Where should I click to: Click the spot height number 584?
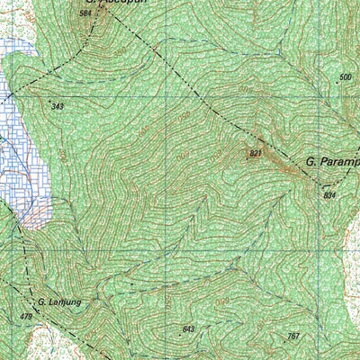click(x=85, y=13)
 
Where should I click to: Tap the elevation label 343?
click(x=58, y=107)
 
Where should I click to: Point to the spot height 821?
click(x=255, y=156)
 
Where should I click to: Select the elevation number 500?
click(x=345, y=77)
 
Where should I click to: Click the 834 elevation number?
click(x=328, y=195)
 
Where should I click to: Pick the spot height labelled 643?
click(x=188, y=328)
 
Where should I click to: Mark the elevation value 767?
click(x=292, y=337)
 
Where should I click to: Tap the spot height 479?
click(x=24, y=317)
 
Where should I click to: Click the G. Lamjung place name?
click(x=59, y=302)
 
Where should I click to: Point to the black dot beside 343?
click(x=49, y=101)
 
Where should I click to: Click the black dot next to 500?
click(x=336, y=83)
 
